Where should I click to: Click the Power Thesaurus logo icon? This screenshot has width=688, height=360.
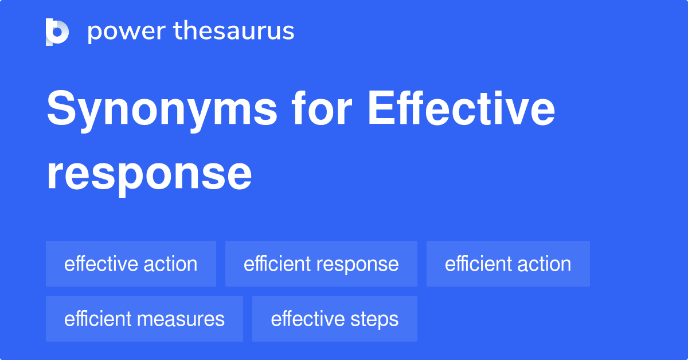pyautogui.click(x=57, y=32)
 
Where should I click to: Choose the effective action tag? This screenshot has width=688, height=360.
pyautogui.click(x=131, y=264)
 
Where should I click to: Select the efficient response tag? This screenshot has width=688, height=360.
pyautogui.click(x=321, y=264)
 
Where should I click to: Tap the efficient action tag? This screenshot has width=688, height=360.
pyautogui.click(x=508, y=264)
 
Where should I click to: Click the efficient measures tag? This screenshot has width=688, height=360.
pyautogui.click(x=144, y=319)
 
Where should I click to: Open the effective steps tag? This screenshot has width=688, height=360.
pyautogui.click(x=335, y=319)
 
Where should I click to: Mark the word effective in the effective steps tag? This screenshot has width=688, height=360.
pyautogui.click(x=306, y=319)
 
